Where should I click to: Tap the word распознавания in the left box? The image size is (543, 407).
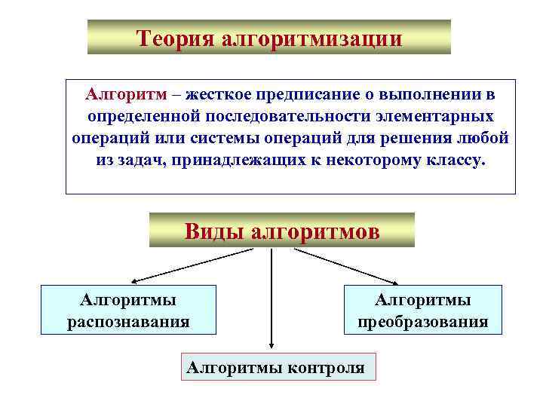[x=128, y=323]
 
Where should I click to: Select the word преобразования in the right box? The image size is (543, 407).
[x=422, y=323]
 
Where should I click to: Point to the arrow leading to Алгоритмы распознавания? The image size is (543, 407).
[x=189, y=264]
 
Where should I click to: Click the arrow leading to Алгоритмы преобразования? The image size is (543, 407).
[x=354, y=264]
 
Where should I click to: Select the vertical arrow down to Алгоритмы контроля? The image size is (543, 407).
[x=271, y=301]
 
